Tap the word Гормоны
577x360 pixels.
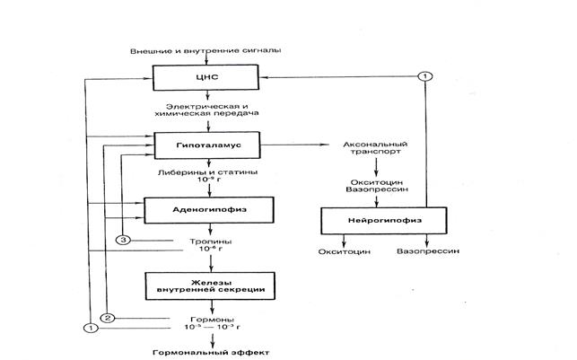210,319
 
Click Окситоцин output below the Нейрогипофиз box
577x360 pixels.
345,252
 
